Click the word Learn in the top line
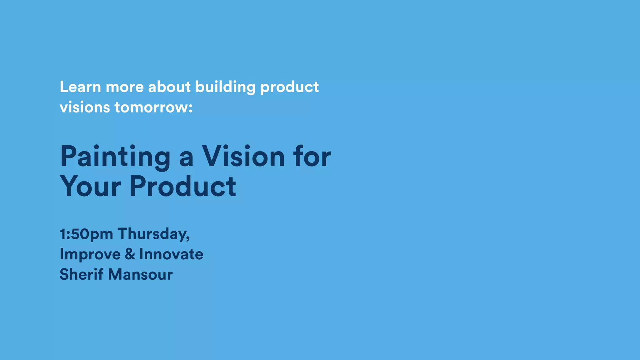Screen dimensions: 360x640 point(80,87)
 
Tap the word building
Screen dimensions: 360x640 point(225,87)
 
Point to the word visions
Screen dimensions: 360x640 point(85,107)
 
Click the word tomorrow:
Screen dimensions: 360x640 point(153,107)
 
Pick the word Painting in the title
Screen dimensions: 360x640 point(115,157)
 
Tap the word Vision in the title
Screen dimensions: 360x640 point(243,156)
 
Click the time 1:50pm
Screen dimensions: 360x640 point(86,234)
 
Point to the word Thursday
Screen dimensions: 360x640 point(153,234)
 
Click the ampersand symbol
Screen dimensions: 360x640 point(130,254)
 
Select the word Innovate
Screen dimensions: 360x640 point(171,254)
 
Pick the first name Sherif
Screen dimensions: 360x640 point(81,274)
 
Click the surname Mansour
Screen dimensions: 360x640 point(140,274)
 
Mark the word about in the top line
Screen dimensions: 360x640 point(169,87)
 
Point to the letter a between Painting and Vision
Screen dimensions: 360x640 point(186,158)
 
